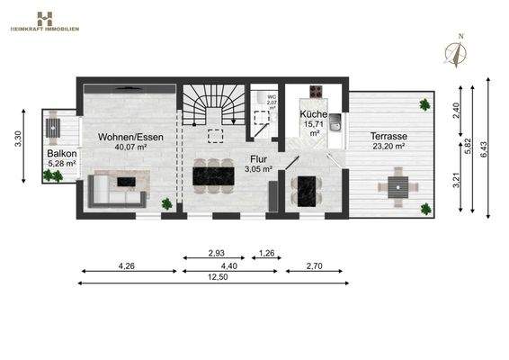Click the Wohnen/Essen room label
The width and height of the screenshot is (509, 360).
[x=123, y=136]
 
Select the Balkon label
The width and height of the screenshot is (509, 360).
[x=62, y=154]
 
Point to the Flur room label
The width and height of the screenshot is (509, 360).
[x=259, y=157]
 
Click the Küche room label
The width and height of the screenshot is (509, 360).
[x=314, y=114]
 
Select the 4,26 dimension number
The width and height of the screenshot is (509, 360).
[x=128, y=265]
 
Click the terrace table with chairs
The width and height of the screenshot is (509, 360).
[x=397, y=189]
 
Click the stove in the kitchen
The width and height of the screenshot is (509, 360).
[x=317, y=92]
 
